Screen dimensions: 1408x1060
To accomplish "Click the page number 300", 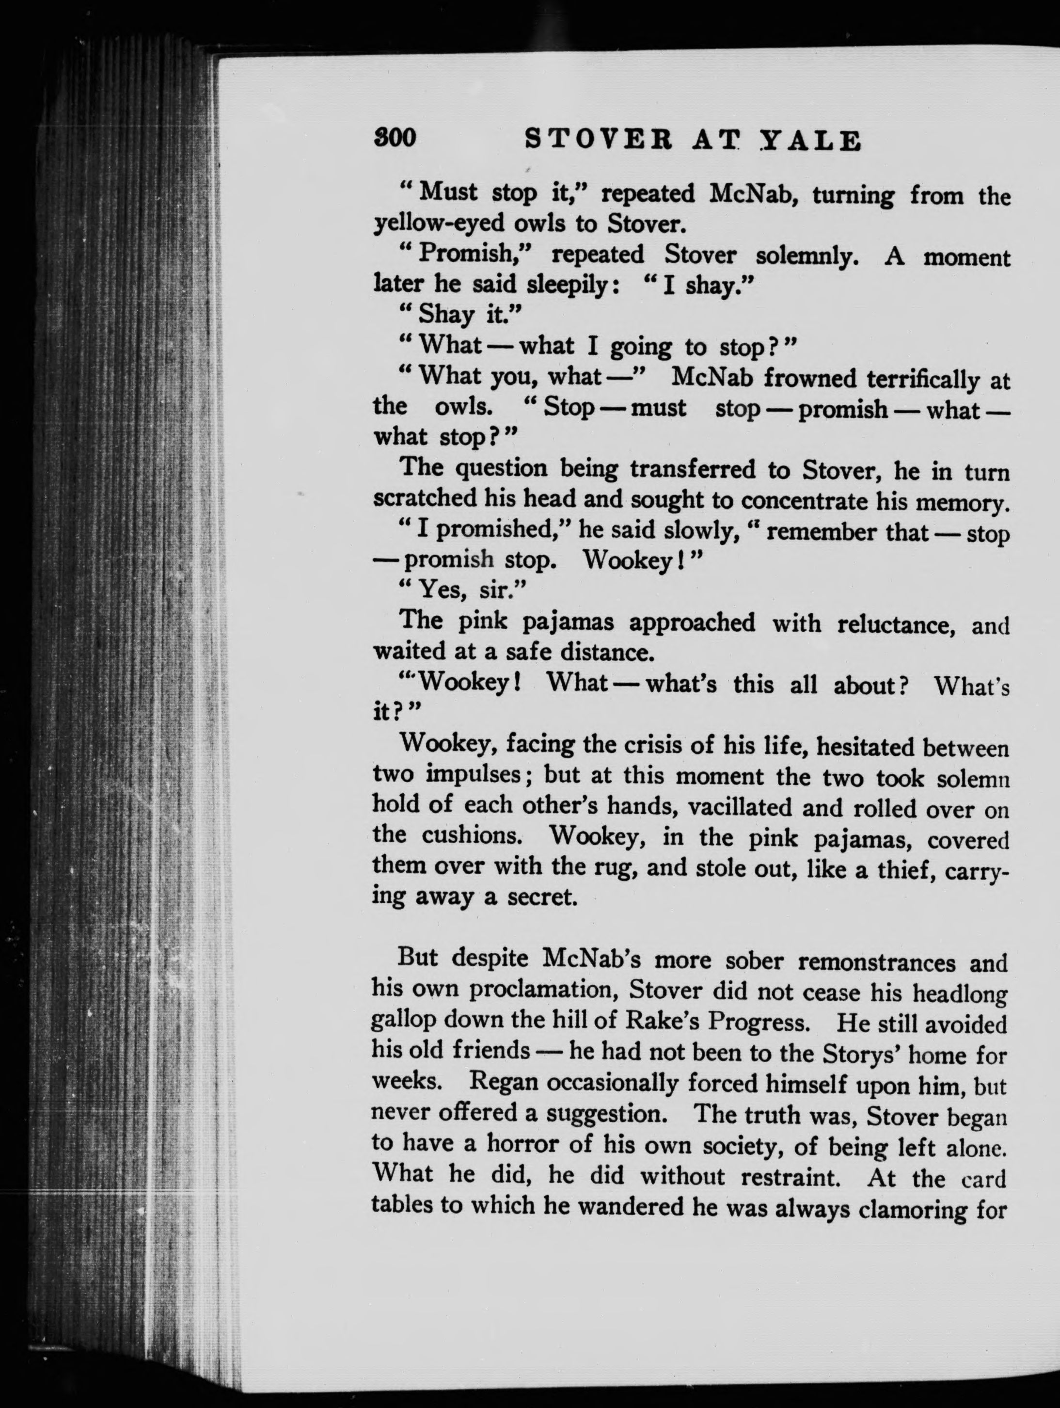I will point(395,138).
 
